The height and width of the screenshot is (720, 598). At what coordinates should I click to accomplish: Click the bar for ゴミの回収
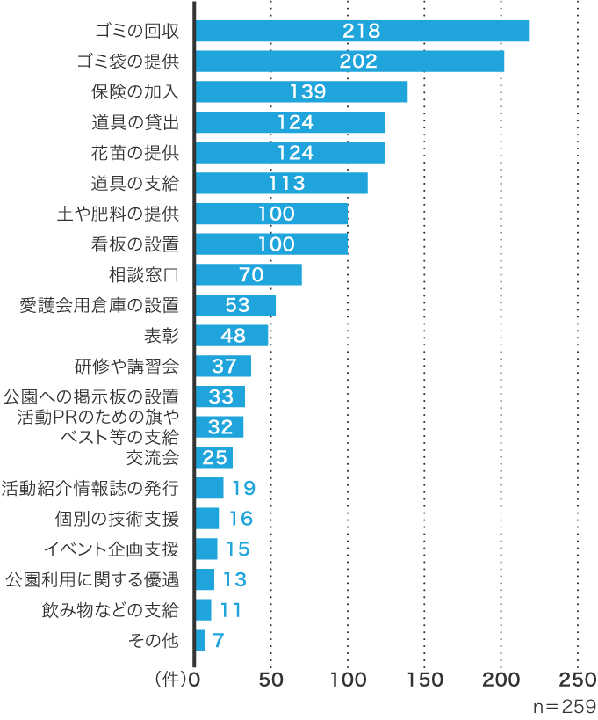click(362, 31)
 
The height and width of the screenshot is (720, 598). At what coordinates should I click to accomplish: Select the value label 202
click(360, 62)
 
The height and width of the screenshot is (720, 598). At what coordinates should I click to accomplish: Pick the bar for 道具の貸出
click(290, 122)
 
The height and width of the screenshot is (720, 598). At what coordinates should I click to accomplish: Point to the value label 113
click(286, 183)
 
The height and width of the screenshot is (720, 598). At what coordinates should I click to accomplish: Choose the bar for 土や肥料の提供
click(271, 214)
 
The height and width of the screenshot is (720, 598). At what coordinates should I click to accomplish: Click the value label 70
click(251, 275)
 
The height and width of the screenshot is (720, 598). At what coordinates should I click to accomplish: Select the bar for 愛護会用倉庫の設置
click(235, 305)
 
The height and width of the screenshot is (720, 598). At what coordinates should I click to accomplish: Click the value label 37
click(224, 367)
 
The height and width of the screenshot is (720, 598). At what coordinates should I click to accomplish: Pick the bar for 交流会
click(214, 457)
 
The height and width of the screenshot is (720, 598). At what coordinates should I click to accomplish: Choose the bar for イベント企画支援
click(206, 549)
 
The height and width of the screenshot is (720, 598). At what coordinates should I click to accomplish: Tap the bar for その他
click(200, 640)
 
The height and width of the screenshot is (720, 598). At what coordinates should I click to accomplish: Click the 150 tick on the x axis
click(425, 680)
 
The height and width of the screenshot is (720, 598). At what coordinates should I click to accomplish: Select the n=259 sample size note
click(565, 706)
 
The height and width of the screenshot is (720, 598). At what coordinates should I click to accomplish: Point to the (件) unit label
click(169, 680)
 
